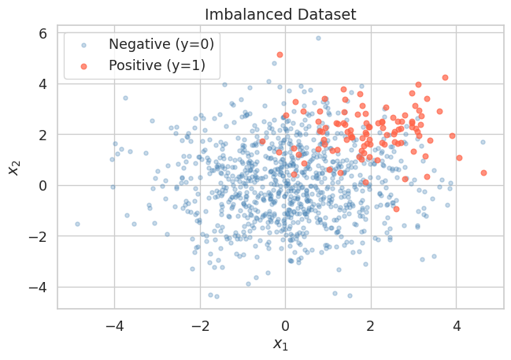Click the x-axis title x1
280,343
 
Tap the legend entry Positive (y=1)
157,66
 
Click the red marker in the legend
86,66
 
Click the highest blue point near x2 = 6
318,38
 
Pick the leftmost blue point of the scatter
77,224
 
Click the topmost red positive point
280,54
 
